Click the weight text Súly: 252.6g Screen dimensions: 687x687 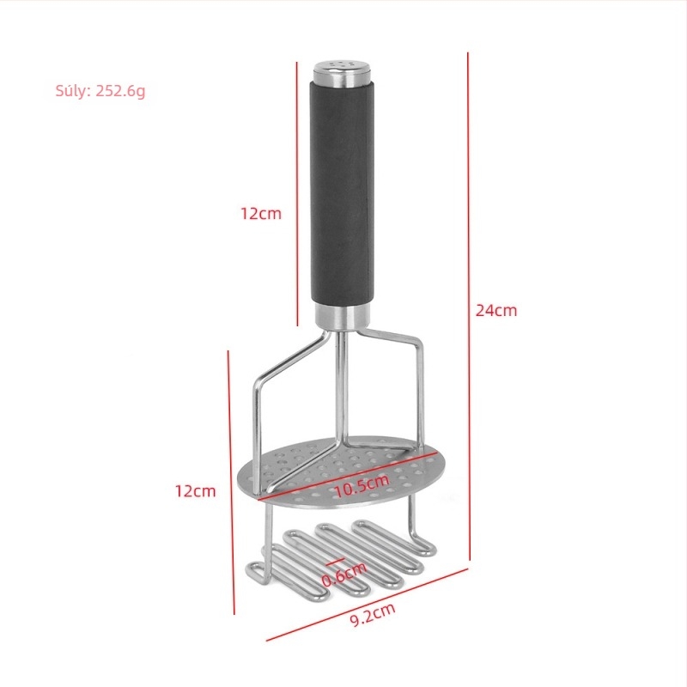(100, 91)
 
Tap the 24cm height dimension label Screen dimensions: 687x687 (496, 311)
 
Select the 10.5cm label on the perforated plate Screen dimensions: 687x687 (362, 485)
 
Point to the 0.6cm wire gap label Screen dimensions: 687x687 (344, 574)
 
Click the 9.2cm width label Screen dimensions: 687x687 (373, 615)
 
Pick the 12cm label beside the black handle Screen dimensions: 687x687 (261, 213)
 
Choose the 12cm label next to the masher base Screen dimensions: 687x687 (196, 491)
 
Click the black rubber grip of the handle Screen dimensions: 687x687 (342, 192)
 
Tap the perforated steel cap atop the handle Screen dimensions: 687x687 (342, 73)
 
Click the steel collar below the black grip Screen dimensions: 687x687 (342, 315)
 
